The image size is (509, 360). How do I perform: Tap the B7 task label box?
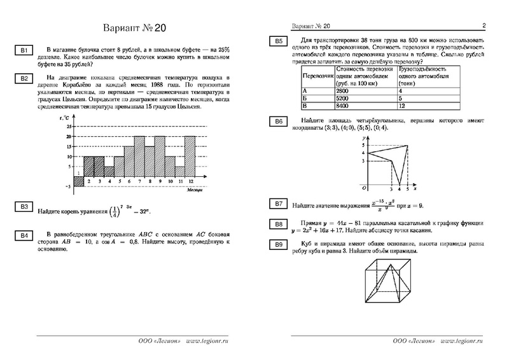278,204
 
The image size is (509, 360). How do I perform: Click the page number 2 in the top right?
484,26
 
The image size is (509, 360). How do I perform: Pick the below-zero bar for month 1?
79,181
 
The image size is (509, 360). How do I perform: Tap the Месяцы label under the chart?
195,190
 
